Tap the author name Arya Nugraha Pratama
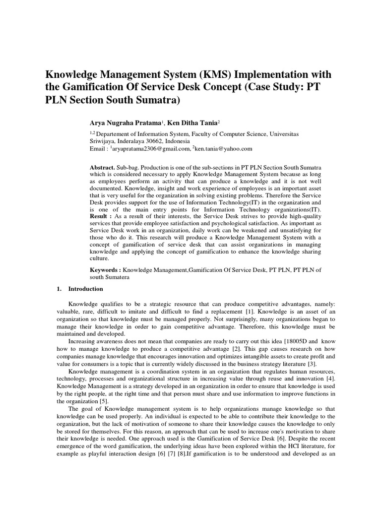pyautogui.click(x=127, y=123)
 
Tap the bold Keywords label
pyautogui.click(x=105, y=269)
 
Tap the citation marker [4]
pyautogui.click(x=331, y=378)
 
